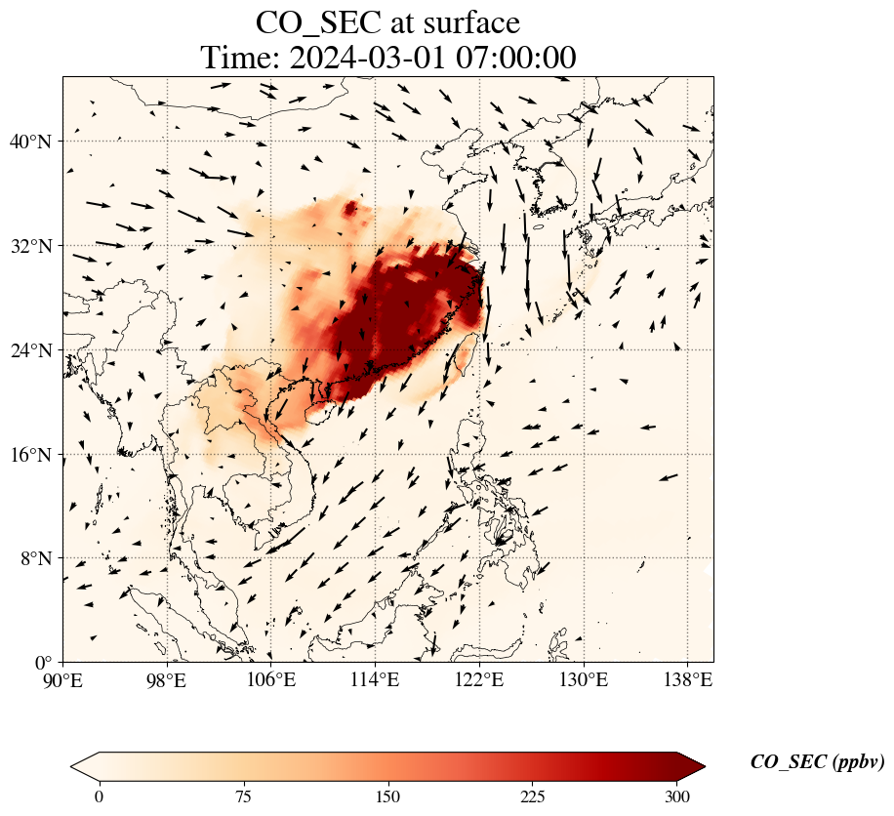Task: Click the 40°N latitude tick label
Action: point(29,142)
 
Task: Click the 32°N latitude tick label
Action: point(29,246)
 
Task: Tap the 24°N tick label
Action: point(29,350)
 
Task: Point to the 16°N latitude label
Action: point(29,455)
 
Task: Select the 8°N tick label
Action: point(35,558)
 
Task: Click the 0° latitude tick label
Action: point(43,663)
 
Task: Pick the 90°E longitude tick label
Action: point(62,680)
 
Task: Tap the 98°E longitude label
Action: point(167,680)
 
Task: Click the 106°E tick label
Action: point(271,680)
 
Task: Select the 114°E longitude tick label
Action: point(375,680)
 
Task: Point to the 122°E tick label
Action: point(479,680)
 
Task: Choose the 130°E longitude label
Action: point(584,680)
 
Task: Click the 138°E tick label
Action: point(688,680)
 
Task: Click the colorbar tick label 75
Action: point(243,796)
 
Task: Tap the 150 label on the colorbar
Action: point(387,796)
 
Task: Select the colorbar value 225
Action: point(533,796)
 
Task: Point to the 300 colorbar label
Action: point(677,796)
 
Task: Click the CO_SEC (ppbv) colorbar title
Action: point(818,762)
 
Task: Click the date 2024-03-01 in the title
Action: point(367,58)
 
